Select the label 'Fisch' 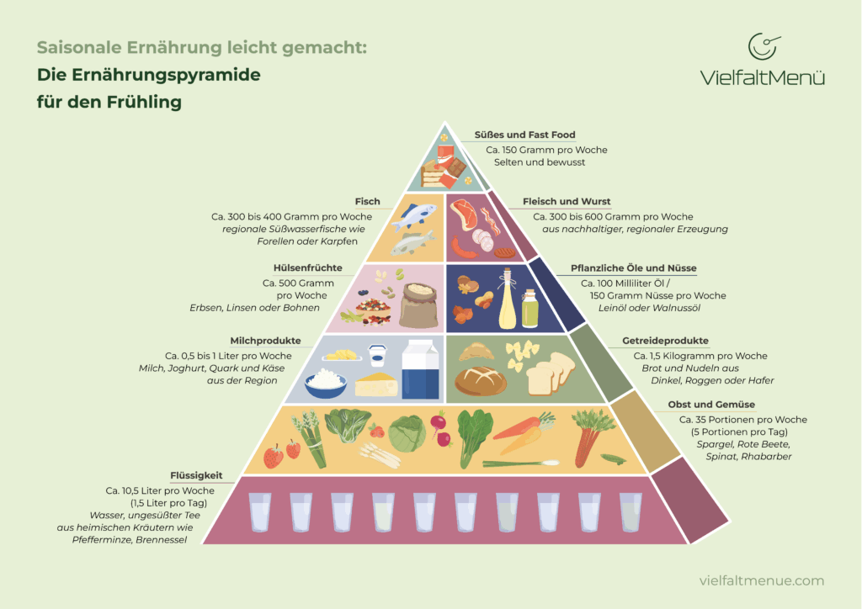coord(366,202)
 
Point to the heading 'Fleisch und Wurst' coord(567,202)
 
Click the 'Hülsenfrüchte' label coord(290,268)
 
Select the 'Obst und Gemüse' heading coord(711,405)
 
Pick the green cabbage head coord(407,434)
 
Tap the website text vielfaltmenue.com coord(762,580)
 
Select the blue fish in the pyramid coord(417,216)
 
